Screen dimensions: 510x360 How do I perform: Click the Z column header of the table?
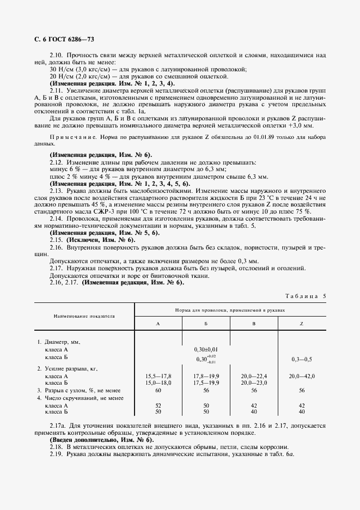coord(301,324)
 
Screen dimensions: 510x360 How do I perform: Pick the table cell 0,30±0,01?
coord(205,349)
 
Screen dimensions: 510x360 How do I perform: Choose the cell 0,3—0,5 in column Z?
coord(301,360)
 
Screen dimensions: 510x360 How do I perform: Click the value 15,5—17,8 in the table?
coord(158,377)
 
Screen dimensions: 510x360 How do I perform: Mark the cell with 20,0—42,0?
coord(301,377)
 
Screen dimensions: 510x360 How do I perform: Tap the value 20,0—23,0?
coord(254,383)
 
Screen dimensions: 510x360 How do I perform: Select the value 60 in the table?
coord(158,390)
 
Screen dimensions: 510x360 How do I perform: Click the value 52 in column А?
coord(158,406)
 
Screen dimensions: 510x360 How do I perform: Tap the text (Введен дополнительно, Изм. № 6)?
coord(101,439)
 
